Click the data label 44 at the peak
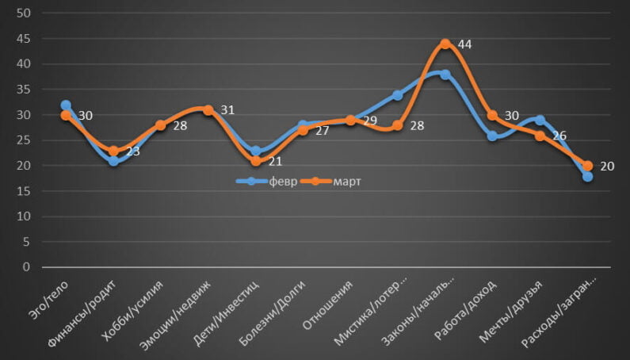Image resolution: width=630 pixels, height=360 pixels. coord(464,44)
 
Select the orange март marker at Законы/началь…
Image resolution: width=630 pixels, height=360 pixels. coord(445,44)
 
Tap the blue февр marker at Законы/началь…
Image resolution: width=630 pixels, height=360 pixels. coord(445,75)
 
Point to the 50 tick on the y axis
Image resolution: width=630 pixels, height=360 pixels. coord(24,13)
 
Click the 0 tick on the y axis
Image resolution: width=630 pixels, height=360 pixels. coord(27,267)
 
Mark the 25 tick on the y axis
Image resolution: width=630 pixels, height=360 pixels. coord(24,140)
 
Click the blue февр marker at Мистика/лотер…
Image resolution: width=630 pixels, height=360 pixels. coord(398,95)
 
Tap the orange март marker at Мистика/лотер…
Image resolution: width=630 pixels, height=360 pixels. coord(398,125)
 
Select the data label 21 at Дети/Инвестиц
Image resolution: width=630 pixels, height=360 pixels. coord(274,161)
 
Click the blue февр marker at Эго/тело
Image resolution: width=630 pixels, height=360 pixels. coord(66,105)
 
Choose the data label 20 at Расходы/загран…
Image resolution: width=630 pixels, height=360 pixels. coord(606,166)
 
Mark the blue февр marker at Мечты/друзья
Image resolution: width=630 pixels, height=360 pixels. coord(540,120)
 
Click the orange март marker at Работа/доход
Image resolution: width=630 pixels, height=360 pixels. coord(492,115)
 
